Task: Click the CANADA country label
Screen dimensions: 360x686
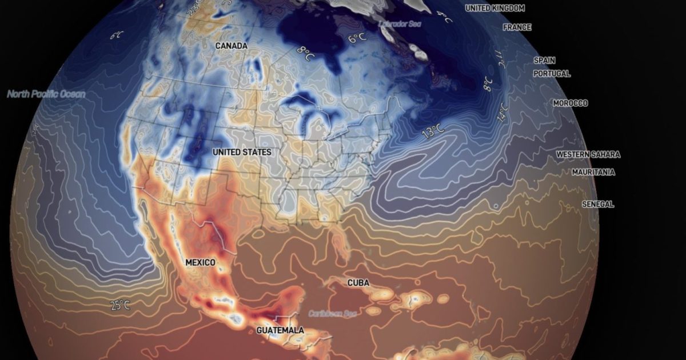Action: [x=232, y=45]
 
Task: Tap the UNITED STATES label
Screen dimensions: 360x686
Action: [x=242, y=153]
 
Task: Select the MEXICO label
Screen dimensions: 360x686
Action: [x=201, y=262]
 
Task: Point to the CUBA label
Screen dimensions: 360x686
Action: [x=358, y=283]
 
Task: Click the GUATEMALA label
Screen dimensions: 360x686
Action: [x=280, y=330]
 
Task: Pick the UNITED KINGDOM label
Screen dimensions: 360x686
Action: [x=494, y=8]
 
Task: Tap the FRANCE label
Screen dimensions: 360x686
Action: [x=517, y=27]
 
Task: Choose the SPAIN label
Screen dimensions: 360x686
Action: [x=544, y=60]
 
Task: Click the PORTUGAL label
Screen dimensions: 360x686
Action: [x=552, y=74]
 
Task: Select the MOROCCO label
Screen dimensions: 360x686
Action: [x=570, y=103]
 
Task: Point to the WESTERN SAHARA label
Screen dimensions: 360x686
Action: [x=588, y=154]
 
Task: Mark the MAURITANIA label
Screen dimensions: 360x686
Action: [x=593, y=172]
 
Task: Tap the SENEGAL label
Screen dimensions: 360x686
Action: [x=598, y=204]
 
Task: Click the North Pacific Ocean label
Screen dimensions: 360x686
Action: [x=46, y=94]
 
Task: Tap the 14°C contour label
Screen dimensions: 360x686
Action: [x=502, y=113]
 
